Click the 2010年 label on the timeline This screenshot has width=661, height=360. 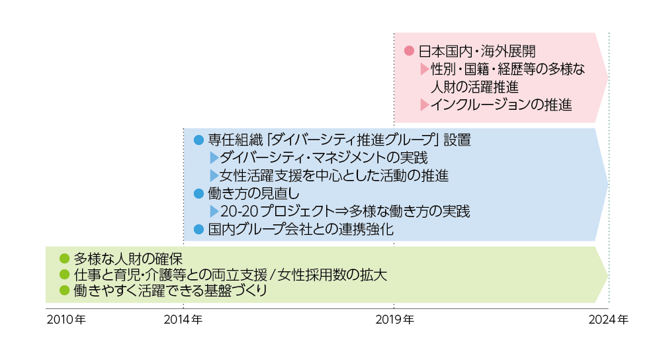pyautogui.click(x=66, y=320)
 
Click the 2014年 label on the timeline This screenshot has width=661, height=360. pyautogui.click(x=183, y=320)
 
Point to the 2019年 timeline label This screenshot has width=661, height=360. pyautogui.click(x=394, y=320)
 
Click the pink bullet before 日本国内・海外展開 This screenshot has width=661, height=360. pyautogui.click(x=408, y=50)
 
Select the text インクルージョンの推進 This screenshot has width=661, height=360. pyautogui.click(x=501, y=105)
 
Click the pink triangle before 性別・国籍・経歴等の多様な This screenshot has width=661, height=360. pyautogui.click(x=424, y=69)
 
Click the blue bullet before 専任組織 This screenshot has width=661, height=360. pyautogui.click(x=197, y=140)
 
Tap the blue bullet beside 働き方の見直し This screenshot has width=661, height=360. pyautogui.click(x=197, y=194)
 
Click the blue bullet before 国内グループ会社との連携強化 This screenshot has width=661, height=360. pyautogui.click(x=197, y=230)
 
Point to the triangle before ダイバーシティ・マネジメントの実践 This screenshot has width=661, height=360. pyautogui.click(x=213, y=158)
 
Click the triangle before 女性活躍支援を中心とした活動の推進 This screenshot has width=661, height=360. pyautogui.click(x=213, y=176)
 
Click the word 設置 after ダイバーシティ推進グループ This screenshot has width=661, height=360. pyautogui.click(x=457, y=140)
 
